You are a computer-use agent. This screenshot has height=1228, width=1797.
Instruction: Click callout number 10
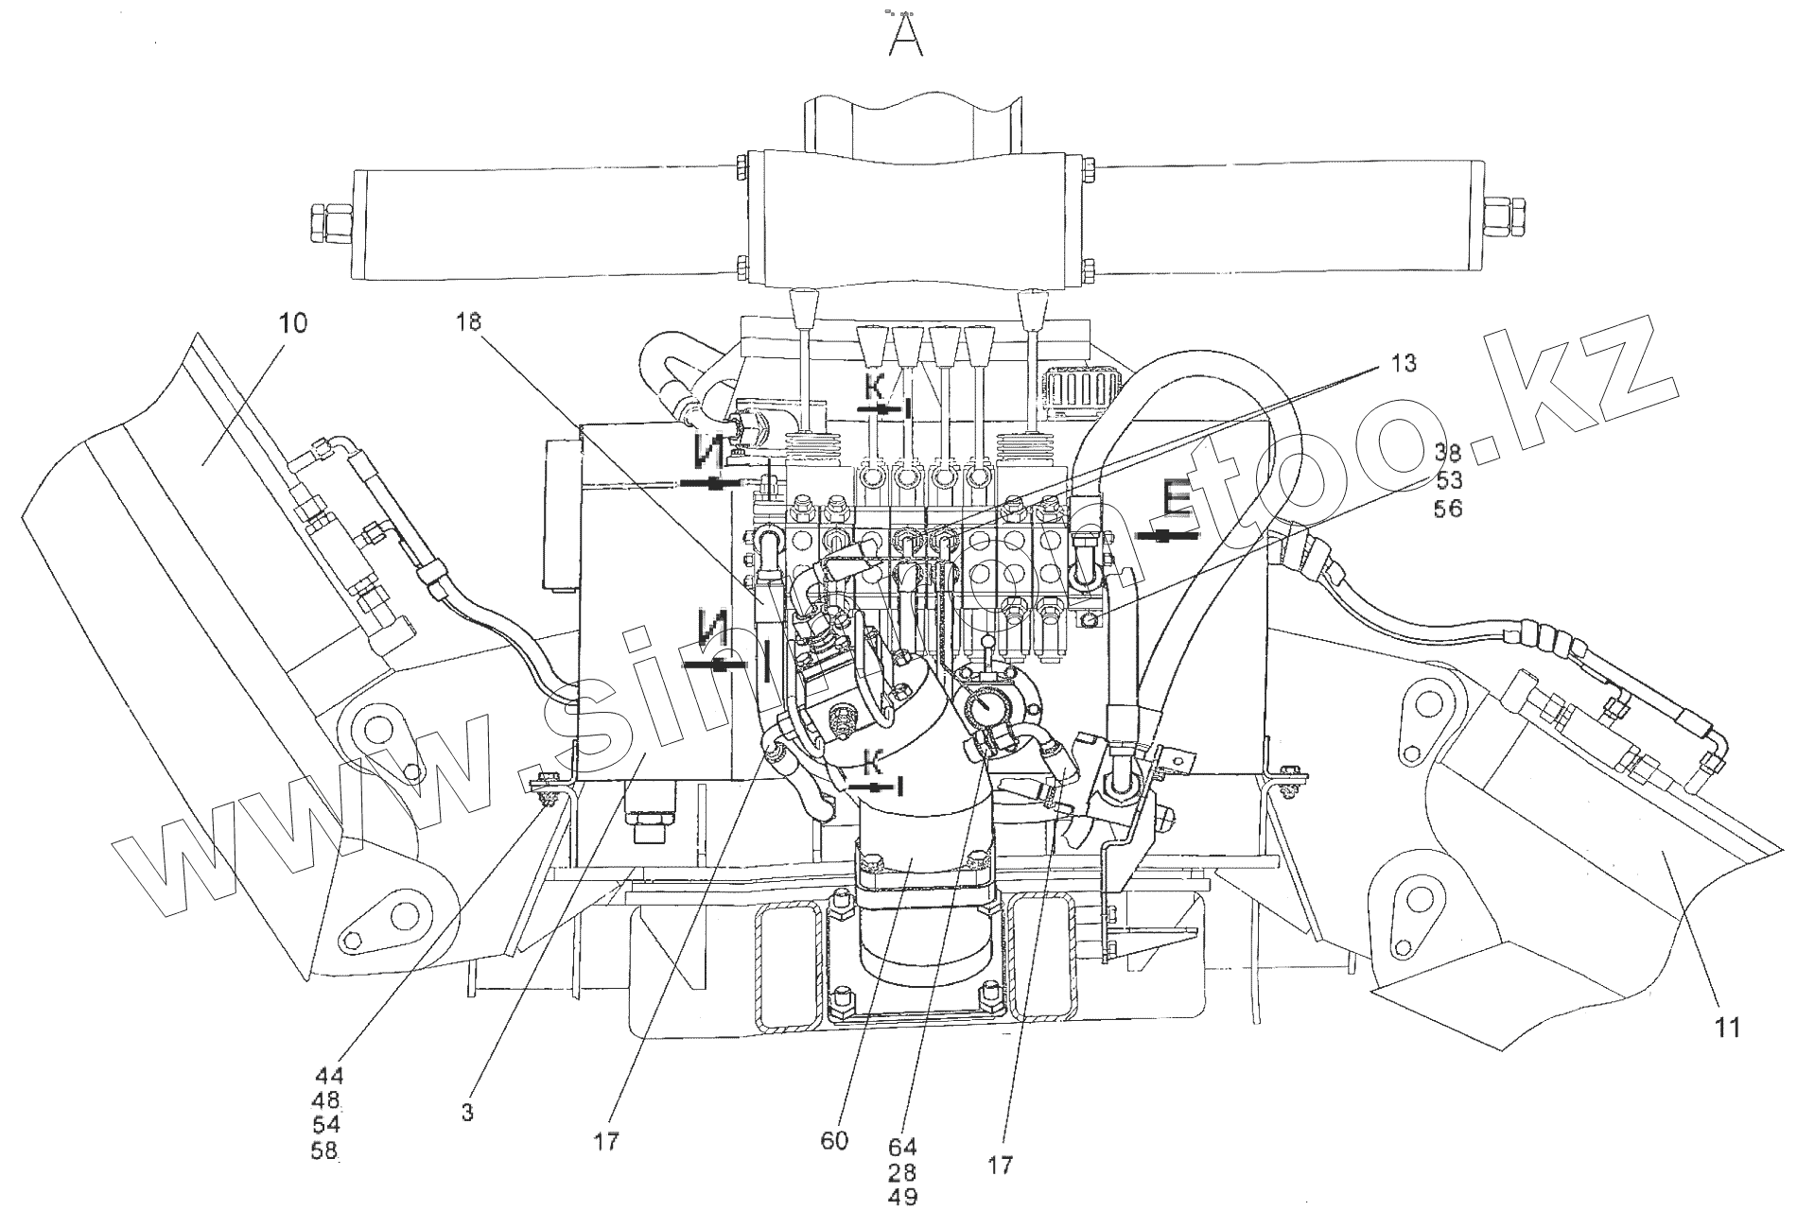292,323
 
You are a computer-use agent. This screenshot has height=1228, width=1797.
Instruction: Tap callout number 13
1404,363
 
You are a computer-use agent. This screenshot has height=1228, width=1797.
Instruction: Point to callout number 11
1728,1028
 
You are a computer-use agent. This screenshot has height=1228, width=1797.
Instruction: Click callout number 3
467,1113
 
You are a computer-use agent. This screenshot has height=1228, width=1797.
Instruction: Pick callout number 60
835,1141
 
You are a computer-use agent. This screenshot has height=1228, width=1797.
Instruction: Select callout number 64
903,1148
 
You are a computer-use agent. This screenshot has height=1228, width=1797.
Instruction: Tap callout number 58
324,1150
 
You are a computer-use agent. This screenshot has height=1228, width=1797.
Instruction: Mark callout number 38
1448,452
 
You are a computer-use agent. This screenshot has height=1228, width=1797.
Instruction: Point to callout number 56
1448,509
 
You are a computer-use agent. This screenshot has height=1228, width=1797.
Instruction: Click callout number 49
903,1197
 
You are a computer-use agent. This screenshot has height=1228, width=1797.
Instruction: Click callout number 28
903,1172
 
